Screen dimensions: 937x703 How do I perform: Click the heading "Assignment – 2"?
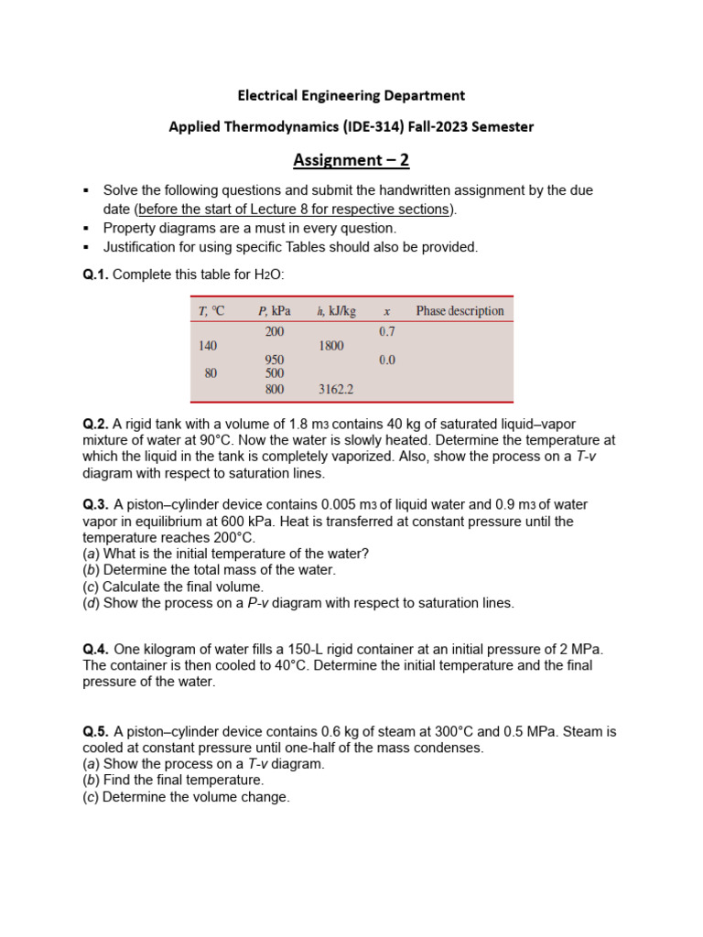(x=351, y=161)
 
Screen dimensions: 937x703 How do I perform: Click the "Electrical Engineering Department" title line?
(x=351, y=95)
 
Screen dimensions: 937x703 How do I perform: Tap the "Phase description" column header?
(x=460, y=311)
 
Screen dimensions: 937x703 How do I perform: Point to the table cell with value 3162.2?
(x=336, y=389)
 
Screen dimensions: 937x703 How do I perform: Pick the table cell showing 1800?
(x=331, y=346)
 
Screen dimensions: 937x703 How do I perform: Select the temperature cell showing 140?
(x=209, y=346)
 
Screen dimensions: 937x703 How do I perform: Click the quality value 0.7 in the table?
(x=387, y=331)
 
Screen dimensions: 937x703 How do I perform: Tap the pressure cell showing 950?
(x=275, y=361)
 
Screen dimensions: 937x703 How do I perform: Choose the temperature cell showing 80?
(x=211, y=373)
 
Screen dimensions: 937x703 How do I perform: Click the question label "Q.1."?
(x=95, y=274)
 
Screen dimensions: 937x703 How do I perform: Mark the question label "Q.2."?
(x=95, y=424)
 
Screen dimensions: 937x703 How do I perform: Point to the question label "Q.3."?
(x=95, y=505)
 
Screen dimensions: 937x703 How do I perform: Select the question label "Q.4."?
(x=95, y=649)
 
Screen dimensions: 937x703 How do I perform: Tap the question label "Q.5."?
(x=95, y=731)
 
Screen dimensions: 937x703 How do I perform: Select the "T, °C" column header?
(x=211, y=311)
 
